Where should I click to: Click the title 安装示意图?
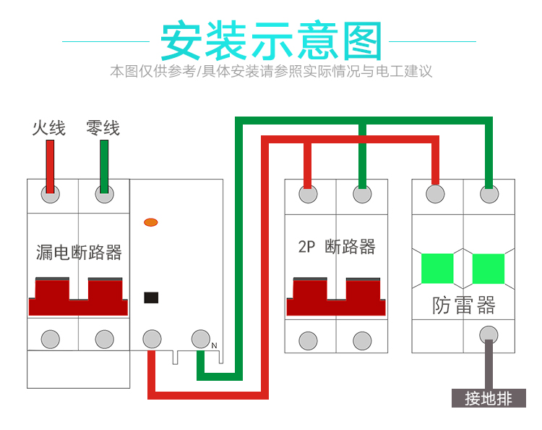pyautogui.click(x=270, y=41)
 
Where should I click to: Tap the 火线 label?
pyautogui.click(x=49, y=128)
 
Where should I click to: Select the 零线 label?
pyautogui.click(x=103, y=128)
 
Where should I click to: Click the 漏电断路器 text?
pyautogui.click(x=79, y=253)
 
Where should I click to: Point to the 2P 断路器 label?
pyautogui.click(x=336, y=247)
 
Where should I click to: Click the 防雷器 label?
pyautogui.click(x=464, y=305)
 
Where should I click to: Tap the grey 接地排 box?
pyautogui.click(x=489, y=398)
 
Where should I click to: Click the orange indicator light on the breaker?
pyautogui.click(x=151, y=222)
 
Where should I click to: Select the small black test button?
pyautogui.click(x=152, y=297)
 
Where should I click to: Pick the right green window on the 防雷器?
pyautogui.click(x=489, y=269)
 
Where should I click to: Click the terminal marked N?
pyautogui.click(x=200, y=338)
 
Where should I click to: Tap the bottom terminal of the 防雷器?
pyautogui.click(x=489, y=334)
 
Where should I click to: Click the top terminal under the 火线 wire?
pyautogui.click(x=50, y=194)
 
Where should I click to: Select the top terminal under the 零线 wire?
pyautogui.click(x=105, y=194)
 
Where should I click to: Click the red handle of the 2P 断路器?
pyautogui.click(x=335, y=298)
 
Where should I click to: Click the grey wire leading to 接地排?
pyautogui.click(x=489, y=369)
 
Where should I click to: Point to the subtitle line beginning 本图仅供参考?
pyautogui.click(x=271, y=72)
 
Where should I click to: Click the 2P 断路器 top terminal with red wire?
pyautogui.click(x=309, y=194)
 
